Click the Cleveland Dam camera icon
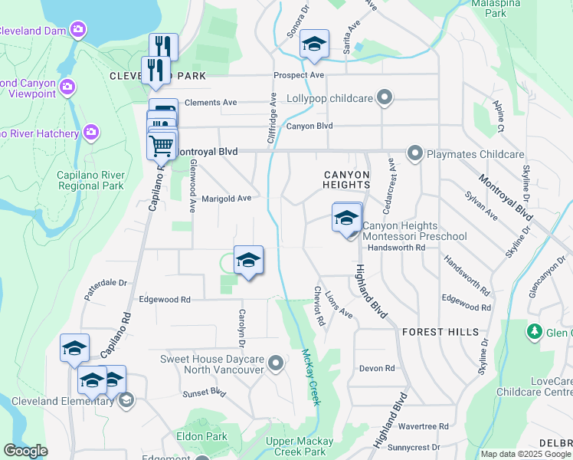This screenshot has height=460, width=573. tap(77, 30)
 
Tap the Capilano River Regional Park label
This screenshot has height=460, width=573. tap(90, 180)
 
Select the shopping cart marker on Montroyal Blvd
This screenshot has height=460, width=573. tap(162, 144)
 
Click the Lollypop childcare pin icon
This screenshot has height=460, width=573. tap(385, 98)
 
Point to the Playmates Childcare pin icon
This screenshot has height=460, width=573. tap(415, 153)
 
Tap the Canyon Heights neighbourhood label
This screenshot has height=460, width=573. tap(346, 179)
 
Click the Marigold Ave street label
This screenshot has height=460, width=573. tap(226, 199)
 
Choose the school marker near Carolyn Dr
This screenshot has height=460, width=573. tap(248, 261)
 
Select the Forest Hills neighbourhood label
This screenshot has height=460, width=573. tap(440, 332)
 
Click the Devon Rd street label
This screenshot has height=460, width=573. tap(377, 368)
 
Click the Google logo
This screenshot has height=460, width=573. tap(25, 451)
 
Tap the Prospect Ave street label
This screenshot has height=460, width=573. tap(300, 75)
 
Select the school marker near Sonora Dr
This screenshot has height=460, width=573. tap(313, 44)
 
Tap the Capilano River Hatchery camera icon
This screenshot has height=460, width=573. tap(91, 133)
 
